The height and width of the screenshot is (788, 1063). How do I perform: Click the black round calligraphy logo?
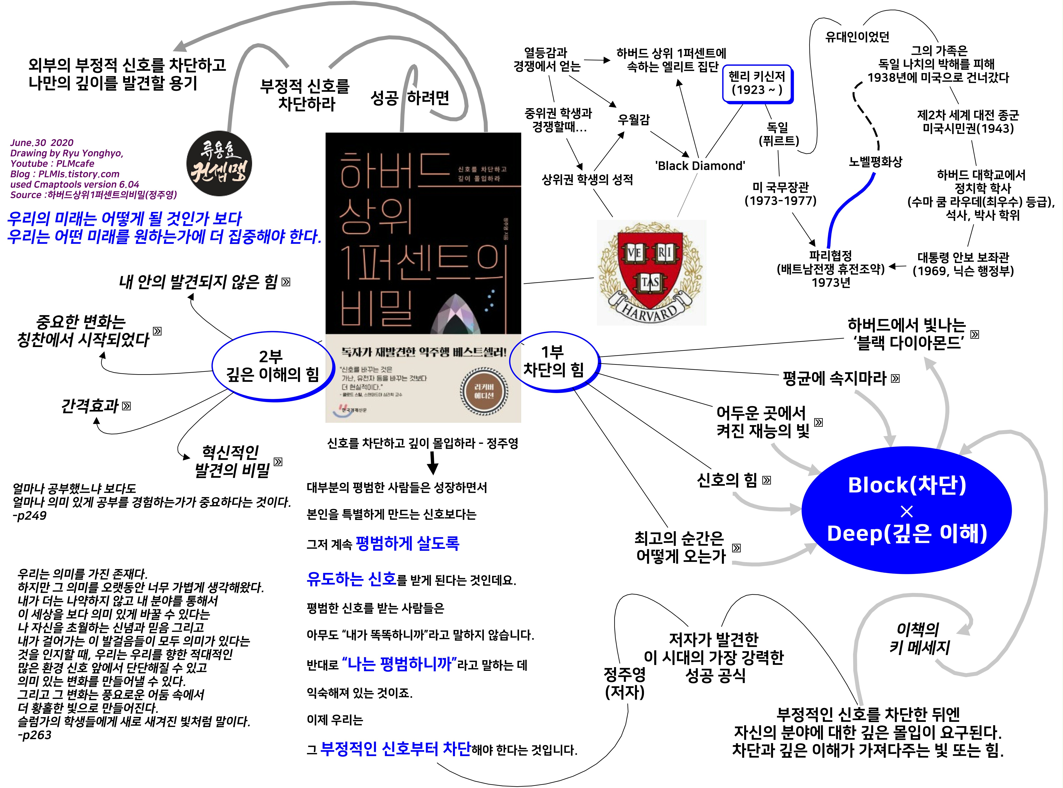coord(219,164)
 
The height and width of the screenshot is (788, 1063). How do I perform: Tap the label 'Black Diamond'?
coord(700,165)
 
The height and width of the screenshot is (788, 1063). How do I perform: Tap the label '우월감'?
coord(633,119)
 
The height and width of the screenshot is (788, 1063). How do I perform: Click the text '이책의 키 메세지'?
coord(919,638)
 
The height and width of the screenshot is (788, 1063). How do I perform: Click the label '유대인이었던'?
coord(857,37)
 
